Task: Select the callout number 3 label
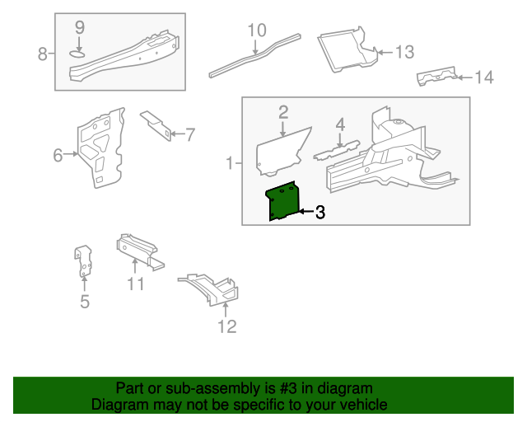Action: tap(319, 213)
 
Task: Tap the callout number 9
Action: tap(79, 27)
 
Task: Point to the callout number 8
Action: tap(43, 54)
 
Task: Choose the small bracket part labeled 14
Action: tap(436, 77)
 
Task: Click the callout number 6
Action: tap(58, 155)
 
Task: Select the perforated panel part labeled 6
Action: tap(100, 148)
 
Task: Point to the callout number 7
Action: tap(189, 134)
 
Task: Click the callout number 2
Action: tap(282, 112)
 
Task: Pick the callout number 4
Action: tap(339, 124)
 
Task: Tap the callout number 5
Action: tap(84, 302)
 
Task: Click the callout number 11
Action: tap(136, 284)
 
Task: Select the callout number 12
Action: tap(226, 326)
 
